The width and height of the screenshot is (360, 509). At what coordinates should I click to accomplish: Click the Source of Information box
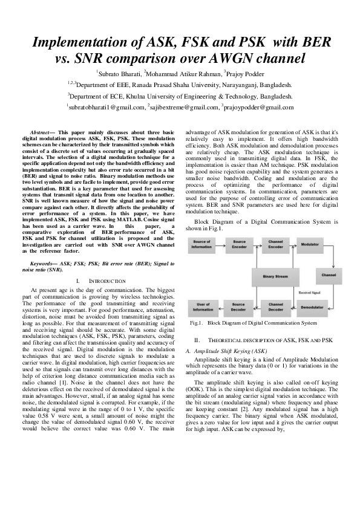[202, 244]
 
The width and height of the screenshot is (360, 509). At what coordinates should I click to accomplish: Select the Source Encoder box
[238, 244]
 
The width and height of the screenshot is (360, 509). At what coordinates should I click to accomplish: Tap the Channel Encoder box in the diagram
[276, 244]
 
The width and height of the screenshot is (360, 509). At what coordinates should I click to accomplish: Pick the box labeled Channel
[329, 276]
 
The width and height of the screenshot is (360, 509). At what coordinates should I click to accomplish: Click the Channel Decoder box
[276, 308]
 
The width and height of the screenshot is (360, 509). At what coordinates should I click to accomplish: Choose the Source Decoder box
[238, 308]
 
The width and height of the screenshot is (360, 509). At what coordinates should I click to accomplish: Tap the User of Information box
[202, 308]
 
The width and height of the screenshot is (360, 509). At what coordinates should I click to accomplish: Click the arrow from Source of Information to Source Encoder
[220, 244]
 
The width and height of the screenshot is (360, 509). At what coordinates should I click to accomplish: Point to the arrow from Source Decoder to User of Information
[220, 308]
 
